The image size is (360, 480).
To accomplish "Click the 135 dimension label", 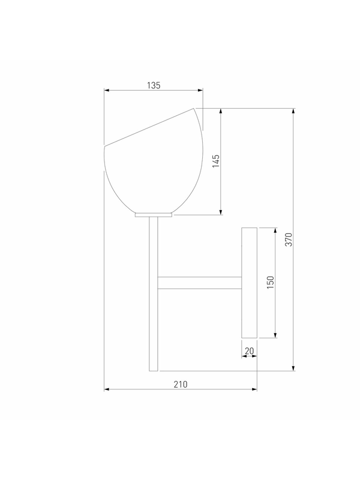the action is (154, 85).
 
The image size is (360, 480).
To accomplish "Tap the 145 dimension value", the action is (216, 161).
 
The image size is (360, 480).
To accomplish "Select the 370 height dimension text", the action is (289, 239).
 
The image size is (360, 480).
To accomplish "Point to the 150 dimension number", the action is (271, 283).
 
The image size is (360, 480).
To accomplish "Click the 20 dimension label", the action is (249, 351).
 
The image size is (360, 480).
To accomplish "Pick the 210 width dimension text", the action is (181, 384).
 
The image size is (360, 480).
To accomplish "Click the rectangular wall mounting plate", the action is (249, 283).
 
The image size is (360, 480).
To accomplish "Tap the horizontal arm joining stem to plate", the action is (200, 283).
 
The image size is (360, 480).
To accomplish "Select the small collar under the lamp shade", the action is (154, 215).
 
